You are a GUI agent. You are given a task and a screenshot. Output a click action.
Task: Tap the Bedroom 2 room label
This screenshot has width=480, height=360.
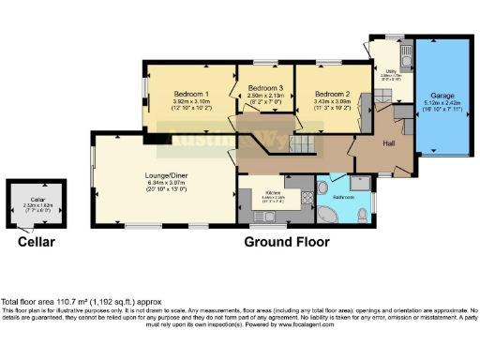pyautogui.click(x=332, y=94)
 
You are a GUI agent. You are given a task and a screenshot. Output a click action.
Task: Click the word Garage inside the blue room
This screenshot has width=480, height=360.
pyautogui.click(x=442, y=97)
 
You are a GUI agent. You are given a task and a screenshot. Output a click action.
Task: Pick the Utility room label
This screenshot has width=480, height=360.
pyautogui.click(x=385, y=71)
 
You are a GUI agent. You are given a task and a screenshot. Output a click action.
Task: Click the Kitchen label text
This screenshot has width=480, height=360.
pyautogui.click(x=275, y=191)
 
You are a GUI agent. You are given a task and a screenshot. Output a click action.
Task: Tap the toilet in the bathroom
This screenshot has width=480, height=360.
pyautogui.click(x=362, y=215)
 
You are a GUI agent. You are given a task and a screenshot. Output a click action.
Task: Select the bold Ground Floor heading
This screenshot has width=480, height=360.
pyautogui.click(x=287, y=242)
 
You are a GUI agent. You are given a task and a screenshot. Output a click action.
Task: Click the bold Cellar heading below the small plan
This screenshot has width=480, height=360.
pyautogui.click(x=36, y=242)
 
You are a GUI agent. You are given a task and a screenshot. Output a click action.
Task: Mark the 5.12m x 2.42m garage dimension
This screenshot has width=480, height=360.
pyautogui.click(x=442, y=103)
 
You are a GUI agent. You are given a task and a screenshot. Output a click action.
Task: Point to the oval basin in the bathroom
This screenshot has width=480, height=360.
pyautogui.click(x=322, y=188)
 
